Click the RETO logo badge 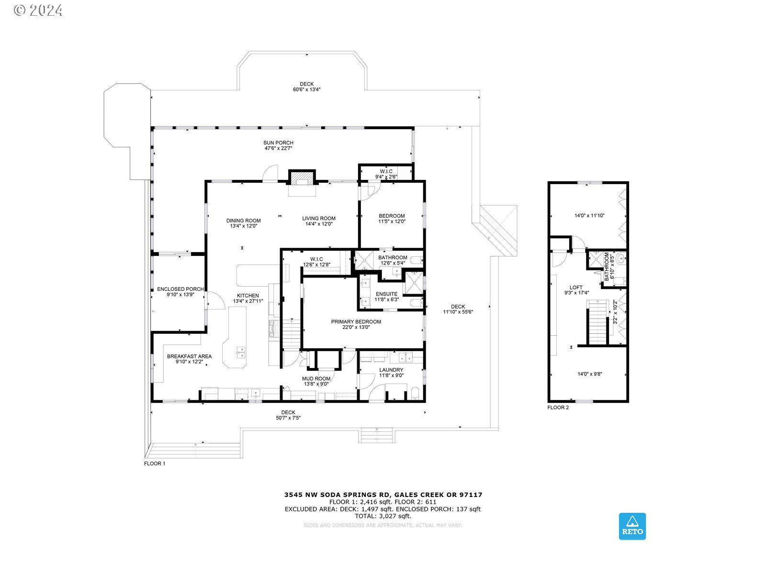(632, 526)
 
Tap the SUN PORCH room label (278, 143)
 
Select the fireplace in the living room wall (302, 178)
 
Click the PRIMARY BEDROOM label (356, 321)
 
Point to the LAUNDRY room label (391, 370)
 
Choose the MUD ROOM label (316, 378)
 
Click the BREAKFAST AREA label (189, 356)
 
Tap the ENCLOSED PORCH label (180, 289)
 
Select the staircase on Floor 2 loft (597, 323)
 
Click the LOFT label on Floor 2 (576, 287)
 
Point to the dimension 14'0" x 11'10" (589, 215)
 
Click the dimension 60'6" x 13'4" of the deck (306, 89)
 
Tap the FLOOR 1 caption (155, 464)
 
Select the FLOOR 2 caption (558, 408)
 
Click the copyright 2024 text (38, 11)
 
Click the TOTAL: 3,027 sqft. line (383, 516)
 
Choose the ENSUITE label (387, 294)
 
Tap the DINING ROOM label (243, 221)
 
